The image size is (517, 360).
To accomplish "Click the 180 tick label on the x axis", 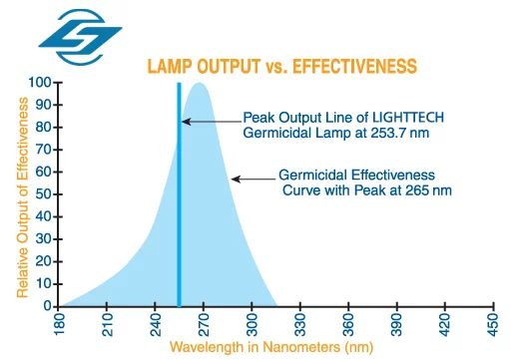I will [x=61, y=325].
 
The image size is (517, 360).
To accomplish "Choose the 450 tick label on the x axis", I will [x=491, y=325].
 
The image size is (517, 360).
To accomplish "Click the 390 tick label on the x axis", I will [x=395, y=325].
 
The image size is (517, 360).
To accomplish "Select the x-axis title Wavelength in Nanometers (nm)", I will [x=270, y=347].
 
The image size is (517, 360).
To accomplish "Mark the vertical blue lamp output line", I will [x=179, y=199].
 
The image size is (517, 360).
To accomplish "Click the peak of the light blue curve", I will [x=199, y=85].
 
